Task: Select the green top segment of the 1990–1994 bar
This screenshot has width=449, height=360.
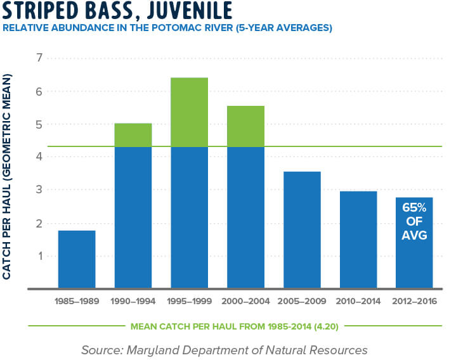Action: pos(133,135)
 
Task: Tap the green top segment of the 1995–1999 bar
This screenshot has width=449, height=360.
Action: pos(189,112)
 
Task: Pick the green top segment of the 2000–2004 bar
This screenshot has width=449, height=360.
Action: pos(245,126)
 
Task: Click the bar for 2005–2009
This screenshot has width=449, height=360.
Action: pos(302,229)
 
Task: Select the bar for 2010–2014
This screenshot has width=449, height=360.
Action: pos(358,240)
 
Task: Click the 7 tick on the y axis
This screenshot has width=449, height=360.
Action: pos(40,58)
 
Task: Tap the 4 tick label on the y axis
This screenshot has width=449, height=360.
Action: pos(40,158)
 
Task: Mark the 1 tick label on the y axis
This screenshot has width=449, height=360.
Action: pos(40,257)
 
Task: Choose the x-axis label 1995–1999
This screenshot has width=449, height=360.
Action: pos(189,302)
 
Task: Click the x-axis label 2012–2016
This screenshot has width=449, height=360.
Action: pos(414,302)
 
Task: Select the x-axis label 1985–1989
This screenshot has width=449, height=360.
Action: pos(77,302)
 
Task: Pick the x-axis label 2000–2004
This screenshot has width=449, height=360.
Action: pos(245,302)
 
